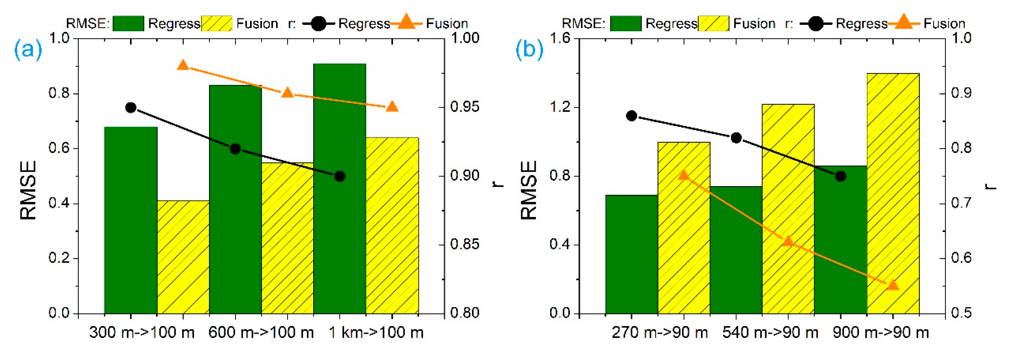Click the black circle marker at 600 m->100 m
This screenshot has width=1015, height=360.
235,149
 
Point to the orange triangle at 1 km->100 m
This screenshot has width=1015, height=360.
392,107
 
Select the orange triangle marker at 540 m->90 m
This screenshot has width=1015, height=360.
788,241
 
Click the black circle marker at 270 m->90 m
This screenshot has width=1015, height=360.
632,116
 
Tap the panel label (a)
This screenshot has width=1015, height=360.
28,50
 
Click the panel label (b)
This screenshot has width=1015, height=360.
529,50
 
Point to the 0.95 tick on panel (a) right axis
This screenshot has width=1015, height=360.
465,107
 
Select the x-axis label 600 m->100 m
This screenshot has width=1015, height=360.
261,333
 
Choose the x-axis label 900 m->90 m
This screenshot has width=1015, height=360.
881,333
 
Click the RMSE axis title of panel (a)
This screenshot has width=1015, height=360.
28,190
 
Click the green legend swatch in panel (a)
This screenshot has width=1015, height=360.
128,24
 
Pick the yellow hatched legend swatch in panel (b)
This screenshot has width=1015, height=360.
714,24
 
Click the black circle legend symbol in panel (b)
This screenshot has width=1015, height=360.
816,24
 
